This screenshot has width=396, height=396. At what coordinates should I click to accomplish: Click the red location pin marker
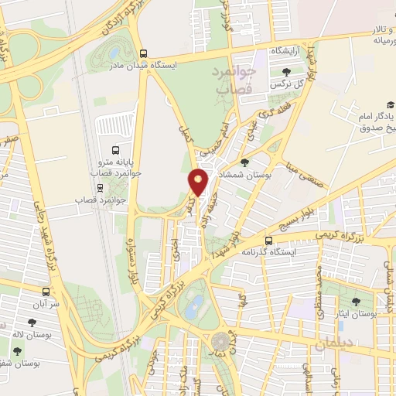198,182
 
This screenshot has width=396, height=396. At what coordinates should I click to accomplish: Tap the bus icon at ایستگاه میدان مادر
144,53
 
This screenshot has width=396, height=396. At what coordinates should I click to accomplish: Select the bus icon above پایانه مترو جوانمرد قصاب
115,151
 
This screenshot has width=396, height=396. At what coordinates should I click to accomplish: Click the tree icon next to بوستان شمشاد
244,163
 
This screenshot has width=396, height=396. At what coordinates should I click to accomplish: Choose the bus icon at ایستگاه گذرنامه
268,241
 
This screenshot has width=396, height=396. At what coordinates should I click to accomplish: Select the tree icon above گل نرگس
287,72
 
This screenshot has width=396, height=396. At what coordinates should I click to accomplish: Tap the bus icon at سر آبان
47,292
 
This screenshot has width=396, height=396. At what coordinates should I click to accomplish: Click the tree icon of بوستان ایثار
357,302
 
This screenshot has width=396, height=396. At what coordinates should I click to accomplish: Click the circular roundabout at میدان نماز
221,340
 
